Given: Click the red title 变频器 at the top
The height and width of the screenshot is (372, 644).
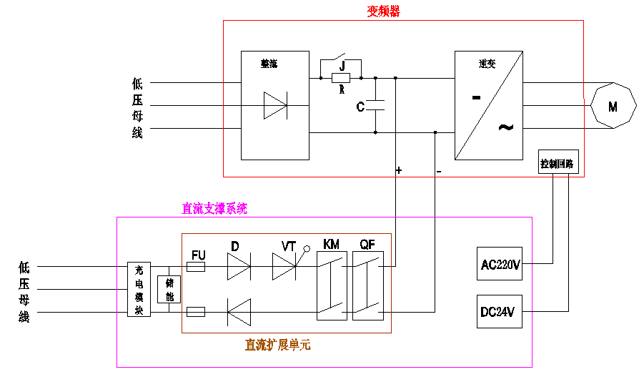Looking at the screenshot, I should [383, 11].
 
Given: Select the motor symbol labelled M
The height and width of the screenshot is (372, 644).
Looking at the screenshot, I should [613, 107].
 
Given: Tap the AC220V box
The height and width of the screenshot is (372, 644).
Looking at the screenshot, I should [499, 265].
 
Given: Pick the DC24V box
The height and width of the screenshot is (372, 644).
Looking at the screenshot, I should [499, 311].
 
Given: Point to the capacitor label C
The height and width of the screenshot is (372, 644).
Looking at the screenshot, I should [361, 107].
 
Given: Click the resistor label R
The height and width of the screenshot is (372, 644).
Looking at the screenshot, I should [342, 90].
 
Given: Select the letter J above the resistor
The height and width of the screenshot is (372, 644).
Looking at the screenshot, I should [342, 65].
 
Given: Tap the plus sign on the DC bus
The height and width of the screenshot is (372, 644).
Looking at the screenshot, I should [399, 170].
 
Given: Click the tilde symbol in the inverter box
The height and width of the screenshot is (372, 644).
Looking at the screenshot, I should [505, 127].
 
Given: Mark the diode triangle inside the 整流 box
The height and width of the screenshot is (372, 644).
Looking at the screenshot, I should [275, 105].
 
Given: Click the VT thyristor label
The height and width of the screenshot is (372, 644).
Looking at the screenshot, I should [289, 246].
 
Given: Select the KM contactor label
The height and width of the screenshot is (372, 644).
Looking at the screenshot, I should [331, 245].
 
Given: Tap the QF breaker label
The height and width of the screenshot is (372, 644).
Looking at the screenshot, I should [367, 245].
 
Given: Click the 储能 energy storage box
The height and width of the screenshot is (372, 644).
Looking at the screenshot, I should [169, 290].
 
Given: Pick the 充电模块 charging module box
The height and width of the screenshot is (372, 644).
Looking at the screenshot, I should [139, 290].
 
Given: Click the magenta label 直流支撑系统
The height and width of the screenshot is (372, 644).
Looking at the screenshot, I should [214, 209].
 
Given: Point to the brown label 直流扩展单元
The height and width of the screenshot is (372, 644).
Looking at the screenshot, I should [277, 345].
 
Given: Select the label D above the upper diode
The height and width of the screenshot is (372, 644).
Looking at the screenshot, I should [234, 246].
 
